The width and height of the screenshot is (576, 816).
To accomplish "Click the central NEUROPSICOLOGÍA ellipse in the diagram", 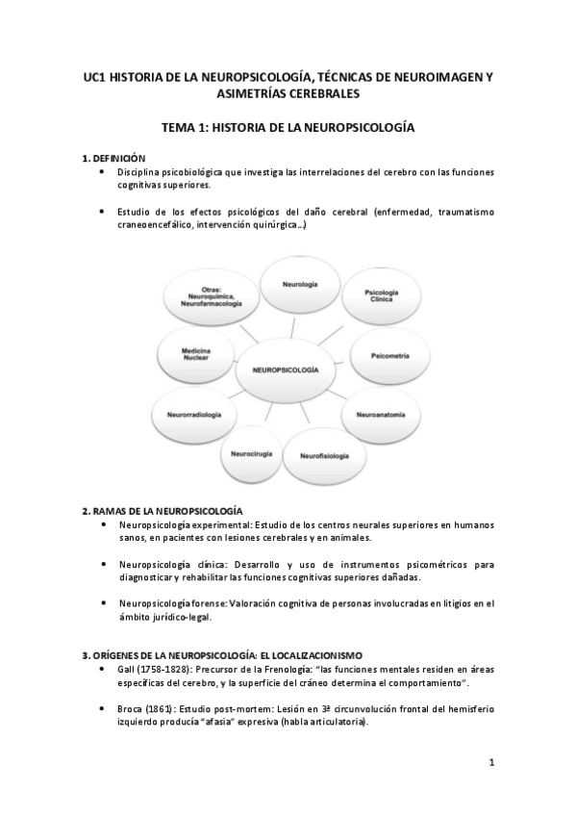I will [x=287, y=369].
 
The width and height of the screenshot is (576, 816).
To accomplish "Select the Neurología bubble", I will [x=300, y=285].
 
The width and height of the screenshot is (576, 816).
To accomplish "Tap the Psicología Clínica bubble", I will [x=382, y=296].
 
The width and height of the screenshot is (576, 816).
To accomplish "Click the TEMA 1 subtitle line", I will [x=288, y=126].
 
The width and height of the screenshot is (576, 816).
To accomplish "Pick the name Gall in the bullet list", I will [x=129, y=669].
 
